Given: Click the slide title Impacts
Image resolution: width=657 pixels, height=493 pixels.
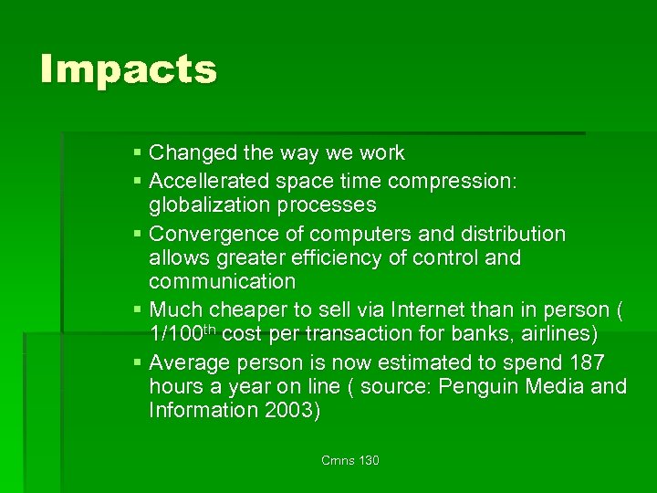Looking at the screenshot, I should [129, 69].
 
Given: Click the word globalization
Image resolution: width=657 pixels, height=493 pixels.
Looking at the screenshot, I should [212, 204].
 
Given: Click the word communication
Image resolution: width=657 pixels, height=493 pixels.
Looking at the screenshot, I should [222, 281].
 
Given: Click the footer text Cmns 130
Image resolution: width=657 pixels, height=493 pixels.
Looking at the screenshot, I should [350, 460].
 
